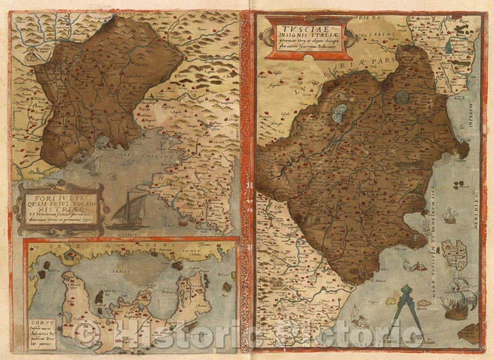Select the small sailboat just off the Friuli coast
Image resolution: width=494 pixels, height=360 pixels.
pyautogui.click(x=93, y=164)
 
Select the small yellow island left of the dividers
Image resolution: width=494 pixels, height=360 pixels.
pyautogui.click(x=391, y=301)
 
